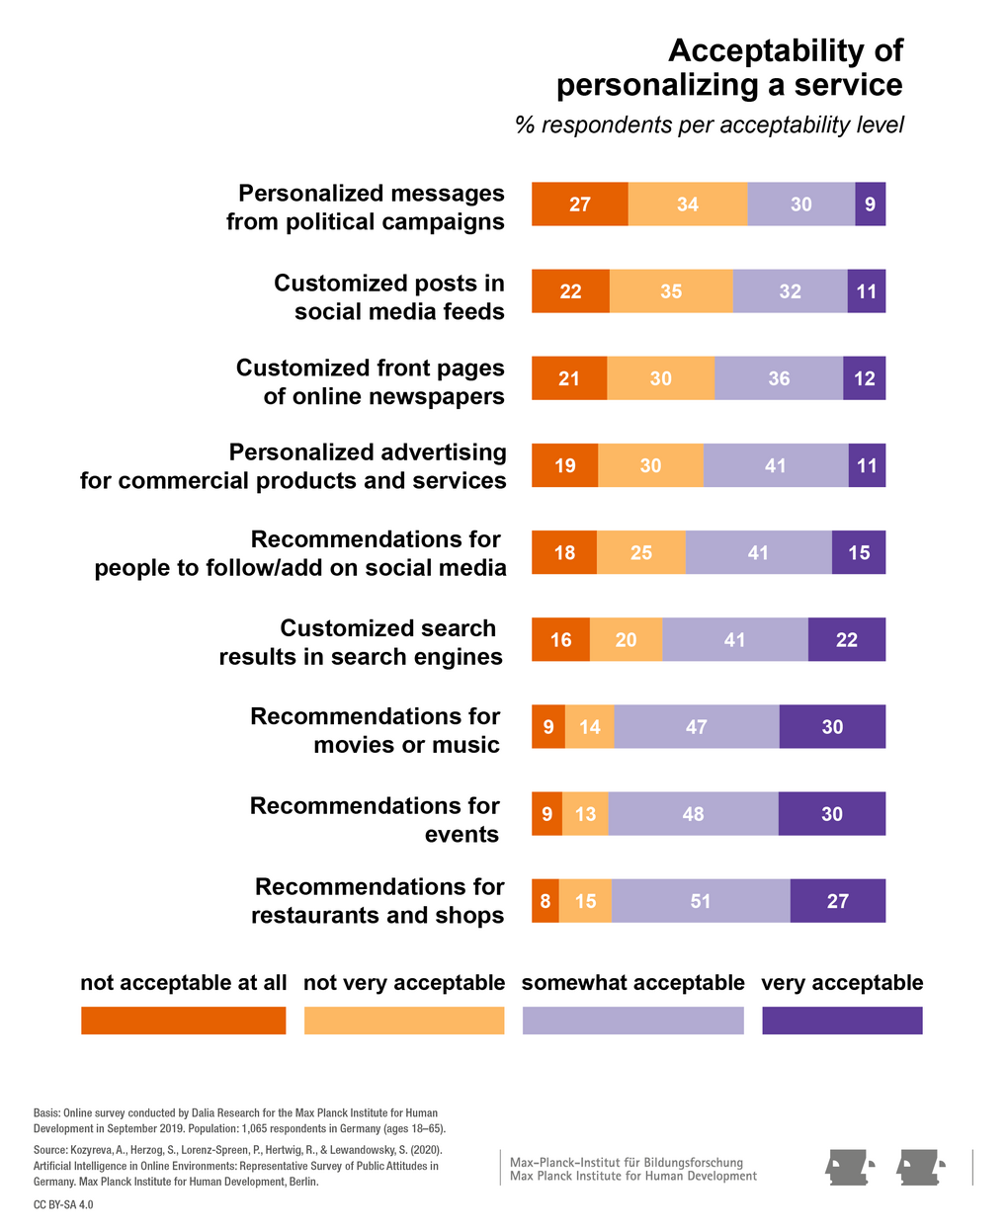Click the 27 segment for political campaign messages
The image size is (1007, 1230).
tap(579, 205)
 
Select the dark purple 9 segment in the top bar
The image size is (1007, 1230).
tap(870, 205)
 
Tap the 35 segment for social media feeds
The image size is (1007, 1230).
tap(671, 291)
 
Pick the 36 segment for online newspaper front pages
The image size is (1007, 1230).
tap(779, 378)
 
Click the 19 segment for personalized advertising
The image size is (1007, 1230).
tap(564, 465)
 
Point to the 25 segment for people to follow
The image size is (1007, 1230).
tap(640, 552)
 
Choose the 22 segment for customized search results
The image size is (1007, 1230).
tap(846, 639)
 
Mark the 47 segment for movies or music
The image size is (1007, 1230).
tap(696, 726)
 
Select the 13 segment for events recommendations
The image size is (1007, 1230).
tap(585, 813)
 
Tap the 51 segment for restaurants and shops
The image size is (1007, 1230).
tap(701, 900)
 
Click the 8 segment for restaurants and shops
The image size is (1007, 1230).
tap(545, 900)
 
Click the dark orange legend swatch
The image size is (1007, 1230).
tap(183, 1021)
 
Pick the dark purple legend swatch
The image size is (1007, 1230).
tap(842, 1021)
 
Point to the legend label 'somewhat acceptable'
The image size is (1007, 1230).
tap(632, 983)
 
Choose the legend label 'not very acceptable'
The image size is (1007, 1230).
tap(404, 983)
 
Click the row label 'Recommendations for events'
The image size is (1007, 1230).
tap(375, 820)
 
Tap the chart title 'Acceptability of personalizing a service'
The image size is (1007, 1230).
tap(729, 67)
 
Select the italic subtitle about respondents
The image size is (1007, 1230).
tap(709, 125)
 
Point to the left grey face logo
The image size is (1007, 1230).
tap(850, 1168)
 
